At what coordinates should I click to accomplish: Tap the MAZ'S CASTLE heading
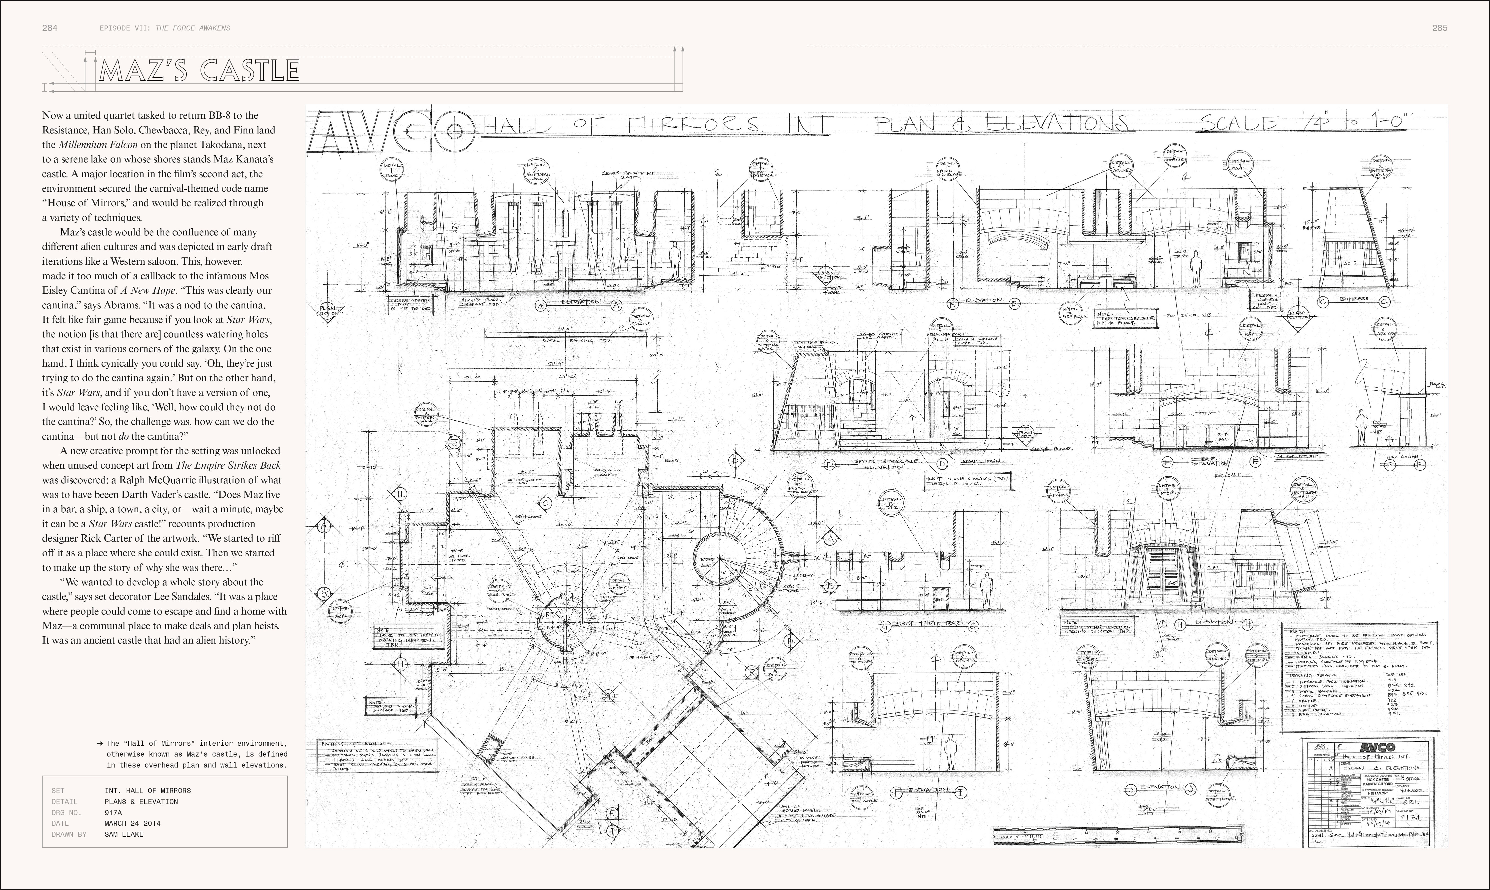coord(199,71)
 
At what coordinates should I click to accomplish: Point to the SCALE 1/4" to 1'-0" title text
coord(1302,123)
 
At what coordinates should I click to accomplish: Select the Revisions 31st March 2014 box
coord(378,756)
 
